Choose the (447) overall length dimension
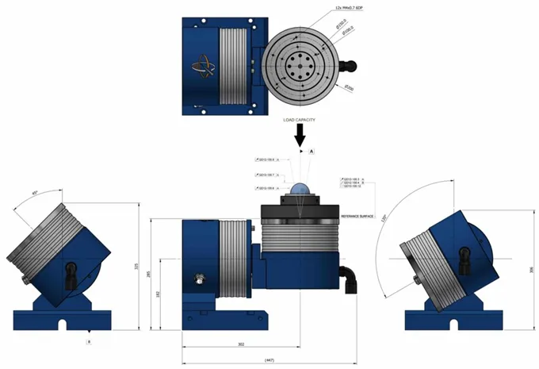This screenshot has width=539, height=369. pyautogui.click(x=269, y=359)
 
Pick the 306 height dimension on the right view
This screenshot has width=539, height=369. pyautogui.click(x=530, y=270)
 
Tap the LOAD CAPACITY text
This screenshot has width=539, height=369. pyautogui.click(x=300, y=120)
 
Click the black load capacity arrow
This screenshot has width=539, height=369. pyautogui.click(x=300, y=136)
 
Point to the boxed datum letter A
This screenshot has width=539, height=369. pyautogui.click(x=312, y=150)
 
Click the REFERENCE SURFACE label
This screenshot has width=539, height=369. pyautogui.click(x=357, y=215)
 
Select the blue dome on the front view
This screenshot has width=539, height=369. pyautogui.click(x=301, y=190)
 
